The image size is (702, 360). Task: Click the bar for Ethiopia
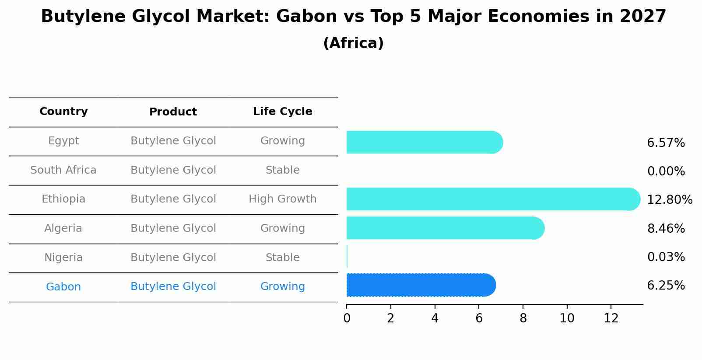click(x=492, y=199)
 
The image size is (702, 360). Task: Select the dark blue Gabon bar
click(x=420, y=285)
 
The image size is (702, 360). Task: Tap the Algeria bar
click(x=444, y=228)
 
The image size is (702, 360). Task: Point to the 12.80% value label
click(x=669, y=200)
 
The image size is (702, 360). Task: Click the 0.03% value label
click(x=666, y=257)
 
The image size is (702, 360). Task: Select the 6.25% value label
click(x=666, y=286)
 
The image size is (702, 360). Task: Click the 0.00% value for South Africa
click(x=666, y=171)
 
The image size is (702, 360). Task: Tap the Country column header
click(x=63, y=112)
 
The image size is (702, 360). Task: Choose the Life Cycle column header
click(x=282, y=112)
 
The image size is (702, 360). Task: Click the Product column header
click(x=173, y=112)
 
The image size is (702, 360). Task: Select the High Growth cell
click(x=282, y=199)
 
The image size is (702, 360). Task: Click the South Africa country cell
click(x=63, y=170)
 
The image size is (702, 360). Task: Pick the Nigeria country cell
click(x=63, y=258)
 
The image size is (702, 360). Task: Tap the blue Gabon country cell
click(x=63, y=287)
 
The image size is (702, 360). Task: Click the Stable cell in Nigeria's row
click(x=282, y=258)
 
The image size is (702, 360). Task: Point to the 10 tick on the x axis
click(x=567, y=318)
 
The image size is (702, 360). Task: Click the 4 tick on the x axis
click(x=435, y=318)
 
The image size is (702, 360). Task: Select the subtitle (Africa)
click(x=353, y=43)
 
